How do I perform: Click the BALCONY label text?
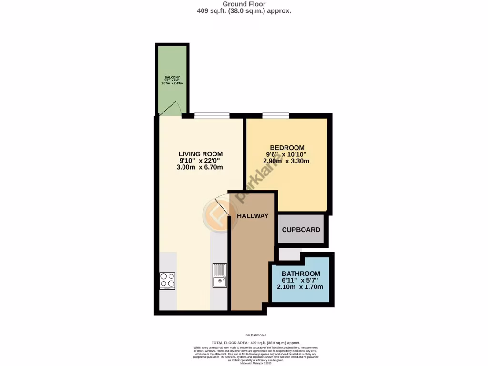[x=172, y=77]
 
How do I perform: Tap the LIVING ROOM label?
[x=200, y=154]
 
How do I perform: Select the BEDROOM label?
[x=286, y=148]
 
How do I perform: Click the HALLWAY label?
[x=253, y=216]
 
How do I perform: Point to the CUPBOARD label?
[x=301, y=230]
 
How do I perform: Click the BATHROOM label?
[x=300, y=274]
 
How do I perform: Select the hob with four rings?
[x=167, y=281]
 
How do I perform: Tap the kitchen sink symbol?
[x=220, y=275]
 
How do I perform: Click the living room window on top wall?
[x=212, y=115]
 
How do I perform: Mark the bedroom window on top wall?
[x=275, y=115]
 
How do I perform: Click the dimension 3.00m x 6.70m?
[x=200, y=167]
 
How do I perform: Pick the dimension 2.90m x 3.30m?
[x=286, y=161]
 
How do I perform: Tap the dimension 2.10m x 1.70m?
[x=300, y=287]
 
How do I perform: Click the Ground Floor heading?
[x=244, y=4]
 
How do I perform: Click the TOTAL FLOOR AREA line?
[x=255, y=343]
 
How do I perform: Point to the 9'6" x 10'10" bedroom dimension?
[x=286, y=154]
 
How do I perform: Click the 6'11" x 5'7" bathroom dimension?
[x=300, y=280]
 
